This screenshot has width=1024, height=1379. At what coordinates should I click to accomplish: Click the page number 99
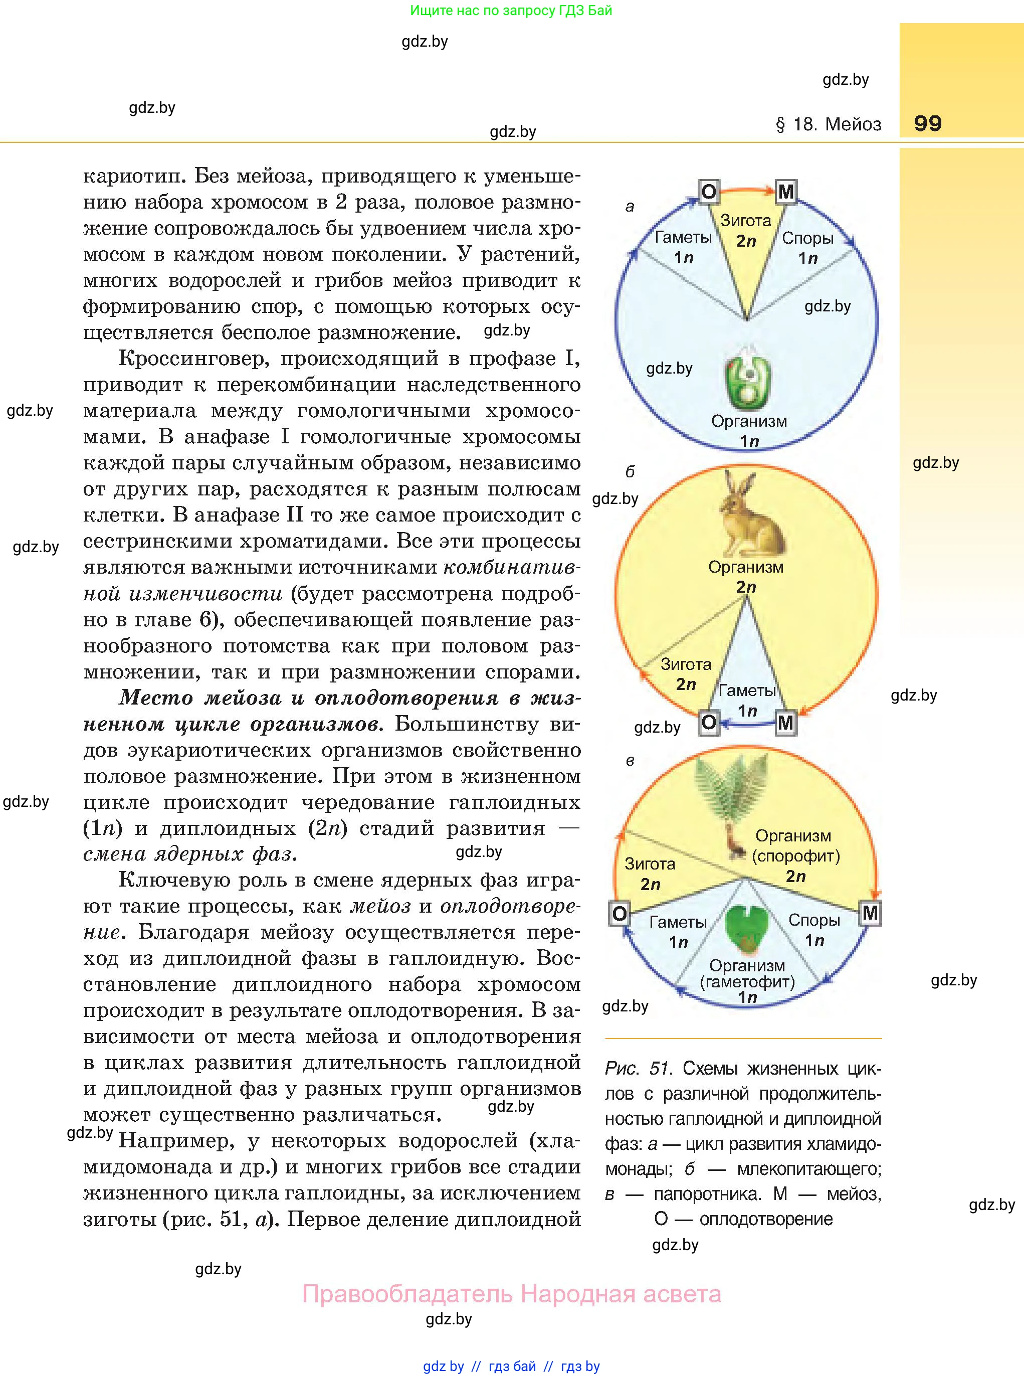pos(927,123)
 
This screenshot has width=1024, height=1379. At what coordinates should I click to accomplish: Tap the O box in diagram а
pos(709,192)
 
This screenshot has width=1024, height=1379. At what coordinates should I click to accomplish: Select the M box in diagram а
pos(785,192)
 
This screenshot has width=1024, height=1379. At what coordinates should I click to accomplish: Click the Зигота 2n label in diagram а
pos(746,231)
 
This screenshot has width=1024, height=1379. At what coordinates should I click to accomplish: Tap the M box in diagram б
pos(785,723)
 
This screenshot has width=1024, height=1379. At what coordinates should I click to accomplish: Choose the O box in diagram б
pos(709,723)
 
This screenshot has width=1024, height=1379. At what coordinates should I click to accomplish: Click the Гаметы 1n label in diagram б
pos(747,700)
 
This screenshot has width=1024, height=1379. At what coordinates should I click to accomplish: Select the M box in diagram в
pos(870,913)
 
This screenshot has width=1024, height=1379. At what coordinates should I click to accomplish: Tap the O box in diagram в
pos(619,913)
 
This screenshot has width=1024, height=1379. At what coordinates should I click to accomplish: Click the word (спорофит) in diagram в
pos(795,856)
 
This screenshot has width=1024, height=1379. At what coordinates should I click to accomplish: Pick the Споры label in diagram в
pos(814,920)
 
